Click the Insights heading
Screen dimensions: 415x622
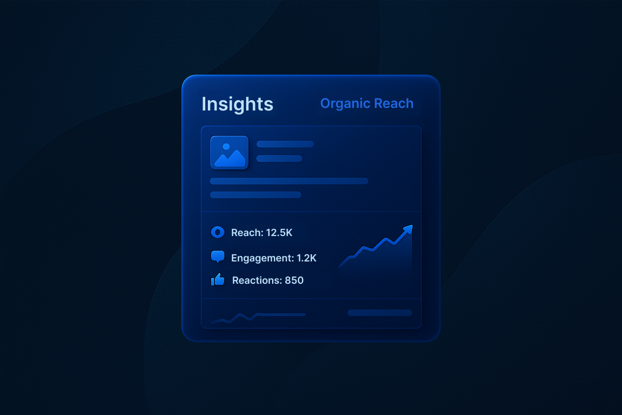point(237,104)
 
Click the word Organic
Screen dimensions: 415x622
point(344,104)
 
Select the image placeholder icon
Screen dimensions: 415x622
point(229,153)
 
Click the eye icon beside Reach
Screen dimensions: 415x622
point(218,232)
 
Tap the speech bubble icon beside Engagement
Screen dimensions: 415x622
point(218,257)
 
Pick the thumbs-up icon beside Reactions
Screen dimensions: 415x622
point(218,280)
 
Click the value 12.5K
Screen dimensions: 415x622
point(279,233)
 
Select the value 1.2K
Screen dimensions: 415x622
point(306,258)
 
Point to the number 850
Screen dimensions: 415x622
point(294,281)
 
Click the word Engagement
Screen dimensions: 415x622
point(262,258)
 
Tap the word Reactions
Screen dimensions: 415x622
point(257,281)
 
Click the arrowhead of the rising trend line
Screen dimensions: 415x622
point(408,228)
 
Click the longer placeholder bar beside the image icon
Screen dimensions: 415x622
point(285,144)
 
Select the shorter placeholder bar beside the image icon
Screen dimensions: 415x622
point(279,159)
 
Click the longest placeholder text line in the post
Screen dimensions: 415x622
point(289,181)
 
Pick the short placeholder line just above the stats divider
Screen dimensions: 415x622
point(256,195)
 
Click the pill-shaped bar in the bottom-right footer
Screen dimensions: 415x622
point(379,313)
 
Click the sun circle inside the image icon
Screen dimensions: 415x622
point(226,147)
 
